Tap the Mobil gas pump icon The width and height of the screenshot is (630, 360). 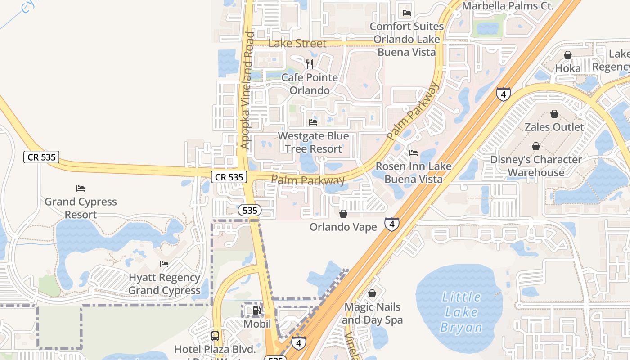(256, 310)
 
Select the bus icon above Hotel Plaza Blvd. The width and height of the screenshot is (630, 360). (215, 336)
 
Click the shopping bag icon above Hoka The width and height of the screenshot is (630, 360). (568, 55)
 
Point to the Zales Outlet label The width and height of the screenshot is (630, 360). (554, 127)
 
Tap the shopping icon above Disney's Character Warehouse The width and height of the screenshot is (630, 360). (536, 146)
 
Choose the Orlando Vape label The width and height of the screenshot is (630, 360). (343, 227)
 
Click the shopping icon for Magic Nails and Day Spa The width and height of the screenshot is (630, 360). (372, 294)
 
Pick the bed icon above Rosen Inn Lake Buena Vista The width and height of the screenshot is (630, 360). (414, 153)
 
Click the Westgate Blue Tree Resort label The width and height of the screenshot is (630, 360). (313, 142)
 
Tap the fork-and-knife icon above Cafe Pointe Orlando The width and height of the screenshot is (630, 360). (309, 64)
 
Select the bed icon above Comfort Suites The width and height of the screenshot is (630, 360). (407, 13)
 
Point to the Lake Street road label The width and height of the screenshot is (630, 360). (297, 44)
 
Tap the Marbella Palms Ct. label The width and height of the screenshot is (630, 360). (507, 6)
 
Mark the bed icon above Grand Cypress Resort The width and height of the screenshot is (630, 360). (81, 188)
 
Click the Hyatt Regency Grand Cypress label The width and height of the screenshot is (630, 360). (164, 284)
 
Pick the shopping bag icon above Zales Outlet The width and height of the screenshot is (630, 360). (554, 114)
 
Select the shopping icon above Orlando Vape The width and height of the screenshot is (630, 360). (343, 213)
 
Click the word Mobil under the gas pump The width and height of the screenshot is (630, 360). (257, 324)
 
